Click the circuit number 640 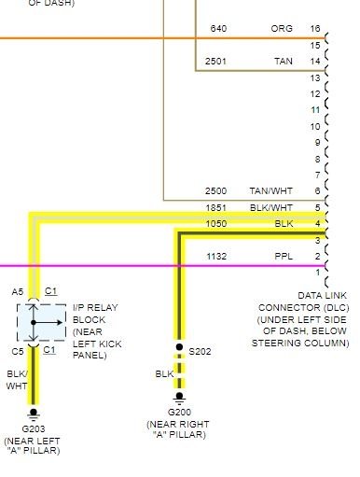click(218, 29)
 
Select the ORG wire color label click(280, 29)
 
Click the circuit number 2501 click(216, 61)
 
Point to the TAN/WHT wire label click(271, 190)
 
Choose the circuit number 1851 click(216, 207)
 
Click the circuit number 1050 click(216, 223)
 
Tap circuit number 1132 click(216, 256)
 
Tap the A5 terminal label click(18, 291)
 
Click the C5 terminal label click(18, 351)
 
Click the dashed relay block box click(35, 322)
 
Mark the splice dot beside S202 click(180, 347)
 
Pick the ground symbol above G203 click(34, 412)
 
